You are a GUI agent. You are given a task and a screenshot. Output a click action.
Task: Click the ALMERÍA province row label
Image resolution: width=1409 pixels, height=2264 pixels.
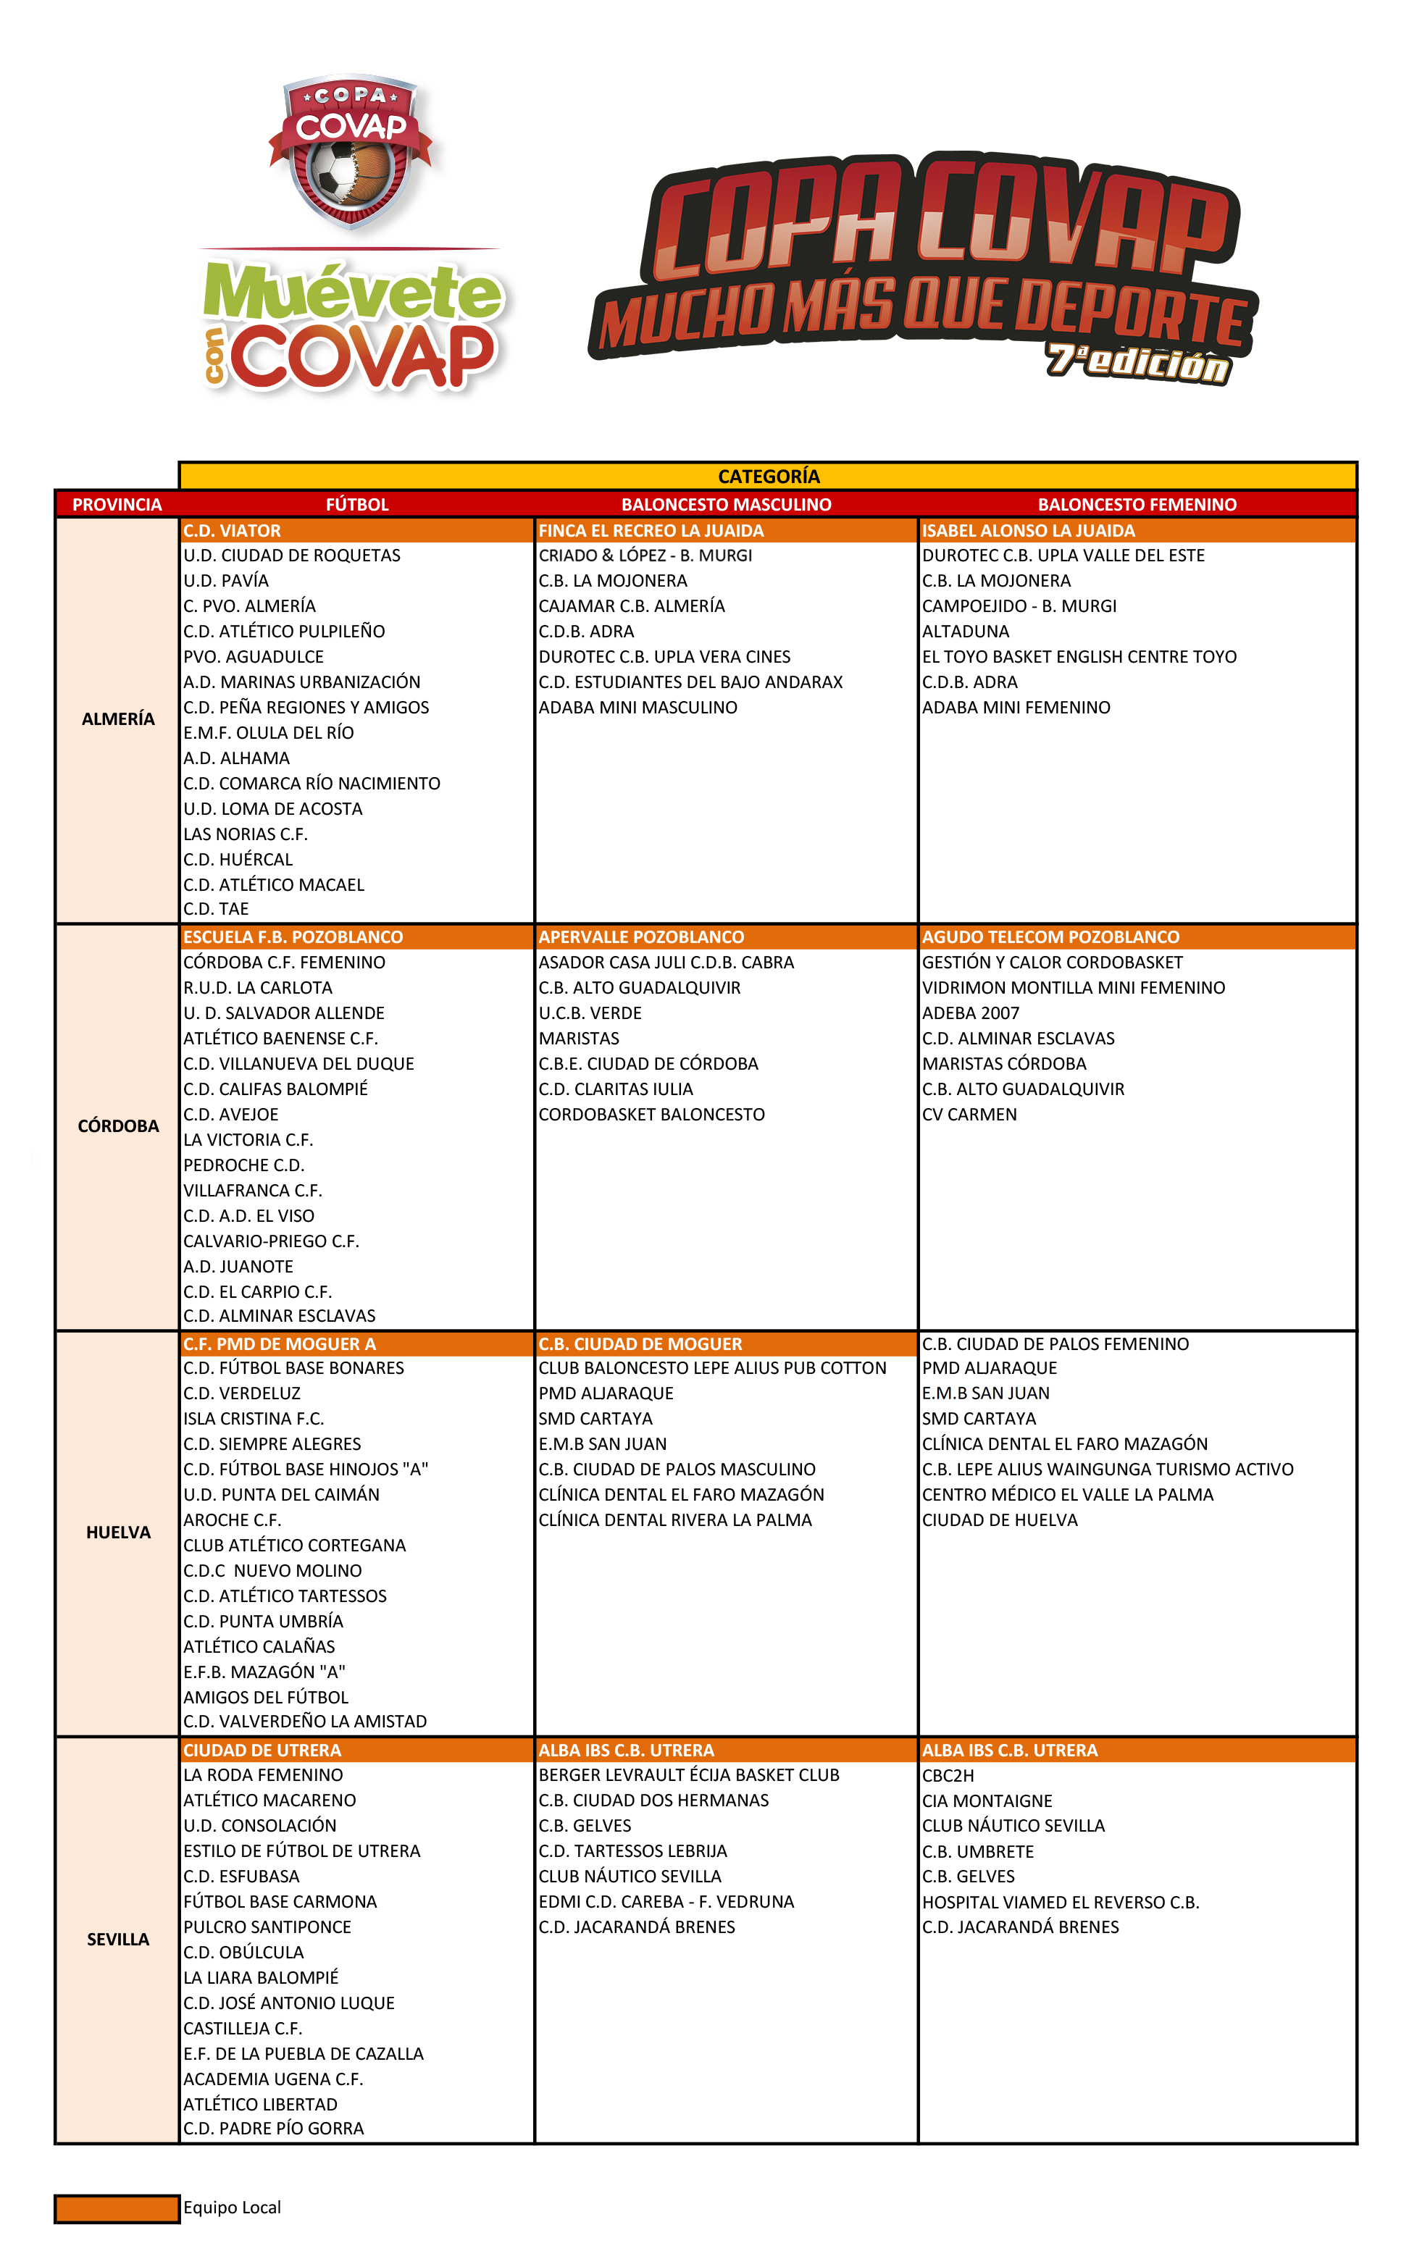[117, 719]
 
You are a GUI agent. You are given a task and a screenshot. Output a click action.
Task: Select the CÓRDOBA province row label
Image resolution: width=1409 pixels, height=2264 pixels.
[117, 1125]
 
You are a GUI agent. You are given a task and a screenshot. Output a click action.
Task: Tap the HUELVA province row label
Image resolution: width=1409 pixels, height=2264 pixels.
[117, 1533]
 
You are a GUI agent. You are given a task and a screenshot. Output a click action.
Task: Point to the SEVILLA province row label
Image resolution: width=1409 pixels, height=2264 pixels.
[117, 1939]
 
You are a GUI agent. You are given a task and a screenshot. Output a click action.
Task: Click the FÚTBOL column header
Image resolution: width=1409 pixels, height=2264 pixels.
[357, 504]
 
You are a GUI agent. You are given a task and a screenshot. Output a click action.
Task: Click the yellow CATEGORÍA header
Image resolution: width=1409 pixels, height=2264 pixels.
[768, 476]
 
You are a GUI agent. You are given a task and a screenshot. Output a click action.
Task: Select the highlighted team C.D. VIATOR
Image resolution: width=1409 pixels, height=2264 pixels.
[232, 530]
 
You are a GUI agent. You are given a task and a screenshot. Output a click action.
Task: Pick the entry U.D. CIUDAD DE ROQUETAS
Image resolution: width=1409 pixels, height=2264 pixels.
[292, 555]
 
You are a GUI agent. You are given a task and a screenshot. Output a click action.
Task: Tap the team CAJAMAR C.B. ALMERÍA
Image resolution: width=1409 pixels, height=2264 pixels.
[631, 605]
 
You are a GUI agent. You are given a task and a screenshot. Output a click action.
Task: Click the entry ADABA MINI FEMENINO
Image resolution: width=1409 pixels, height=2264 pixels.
[1016, 707]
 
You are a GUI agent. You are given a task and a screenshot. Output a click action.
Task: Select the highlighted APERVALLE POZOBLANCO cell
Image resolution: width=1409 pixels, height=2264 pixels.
[641, 936]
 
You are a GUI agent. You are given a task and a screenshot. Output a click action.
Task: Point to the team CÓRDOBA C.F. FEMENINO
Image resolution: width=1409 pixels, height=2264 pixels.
[284, 963]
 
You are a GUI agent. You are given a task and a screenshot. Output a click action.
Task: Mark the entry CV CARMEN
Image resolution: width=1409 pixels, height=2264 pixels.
[969, 1115]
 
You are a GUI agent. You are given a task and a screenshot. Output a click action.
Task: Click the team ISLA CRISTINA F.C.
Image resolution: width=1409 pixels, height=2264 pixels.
[254, 1419]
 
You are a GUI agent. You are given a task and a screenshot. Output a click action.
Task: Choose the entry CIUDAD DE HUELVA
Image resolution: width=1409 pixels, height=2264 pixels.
[999, 1519]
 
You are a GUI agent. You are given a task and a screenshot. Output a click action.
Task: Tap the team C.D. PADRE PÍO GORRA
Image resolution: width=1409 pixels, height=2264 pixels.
[273, 2128]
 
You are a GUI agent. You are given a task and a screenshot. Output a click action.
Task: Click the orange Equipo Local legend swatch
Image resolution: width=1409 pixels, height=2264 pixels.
[117, 2208]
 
